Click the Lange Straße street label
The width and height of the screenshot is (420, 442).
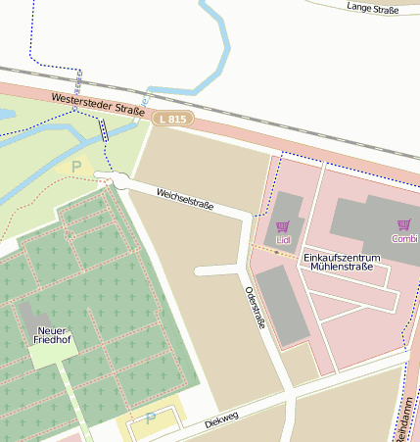(x=373, y=8)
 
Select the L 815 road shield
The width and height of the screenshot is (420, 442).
(x=172, y=119)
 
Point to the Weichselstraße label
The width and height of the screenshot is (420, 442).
(x=184, y=198)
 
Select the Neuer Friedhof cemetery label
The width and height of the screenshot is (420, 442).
(x=53, y=336)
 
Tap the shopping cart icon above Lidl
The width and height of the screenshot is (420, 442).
(x=283, y=226)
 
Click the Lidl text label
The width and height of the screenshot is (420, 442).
(x=283, y=239)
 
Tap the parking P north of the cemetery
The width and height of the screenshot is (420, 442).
(x=77, y=168)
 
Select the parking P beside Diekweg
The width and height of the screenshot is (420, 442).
(x=150, y=418)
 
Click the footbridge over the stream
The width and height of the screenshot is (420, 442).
(x=103, y=132)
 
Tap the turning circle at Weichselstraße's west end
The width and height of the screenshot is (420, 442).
(x=119, y=180)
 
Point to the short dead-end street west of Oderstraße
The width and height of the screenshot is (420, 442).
(x=217, y=270)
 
